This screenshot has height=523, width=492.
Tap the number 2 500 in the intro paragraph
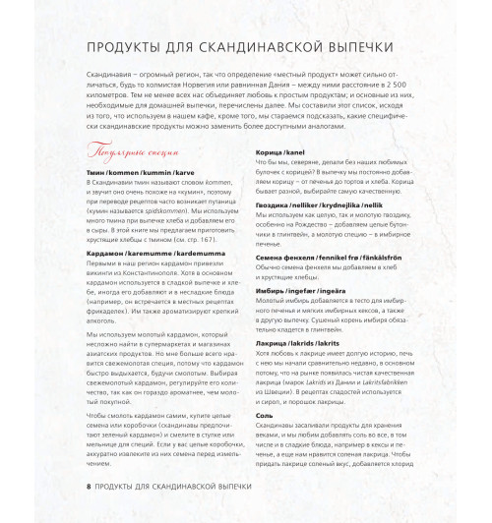[x=415, y=87]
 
